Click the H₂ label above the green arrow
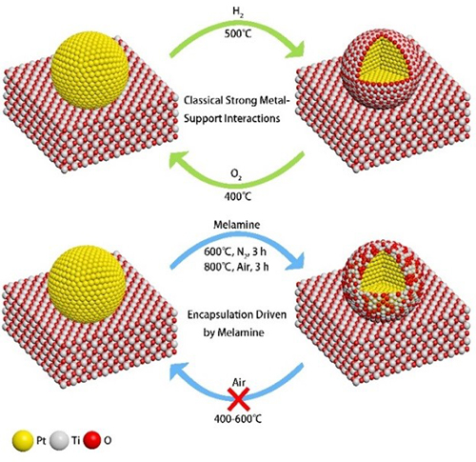pos(238,13)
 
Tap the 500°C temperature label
pos(238,33)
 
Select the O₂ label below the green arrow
pos(237,175)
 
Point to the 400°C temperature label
pos(238,196)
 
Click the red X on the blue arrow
pos(239,399)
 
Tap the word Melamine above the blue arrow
pos(237,225)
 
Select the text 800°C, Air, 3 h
pos(237,267)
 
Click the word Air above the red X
pos(239,382)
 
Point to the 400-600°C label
pos(238,419)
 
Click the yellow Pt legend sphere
pos(23,441)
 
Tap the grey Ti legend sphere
pos(60,441)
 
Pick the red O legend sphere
pos(92,440)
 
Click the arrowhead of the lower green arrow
pos(179,157)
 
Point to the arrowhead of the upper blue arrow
pos(295,263)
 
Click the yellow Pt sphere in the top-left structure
pos(90,69)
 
